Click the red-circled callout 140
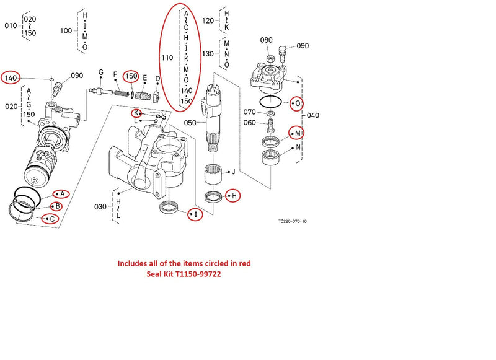pyautogui.click(x=11, y=77)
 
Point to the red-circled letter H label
pyautogui.click(x=234, y=196)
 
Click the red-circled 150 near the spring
pyautogui.click(x=131, y=76)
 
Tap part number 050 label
pyautogui.click(x=190, y=123)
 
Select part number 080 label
pyautogui.click(x=266, y=40)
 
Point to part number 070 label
pyautogui.click(x=250, y=112)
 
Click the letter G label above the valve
pyautogui.click(x=100, y=73)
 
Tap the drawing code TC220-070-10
pyautogui.click(x=293, y=221)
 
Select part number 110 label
pyautogui.click(x=167, y=58)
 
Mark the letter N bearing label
pyautogui.click(x=298, y=147)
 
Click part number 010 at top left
pyautogui.click(x=11, y=25)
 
